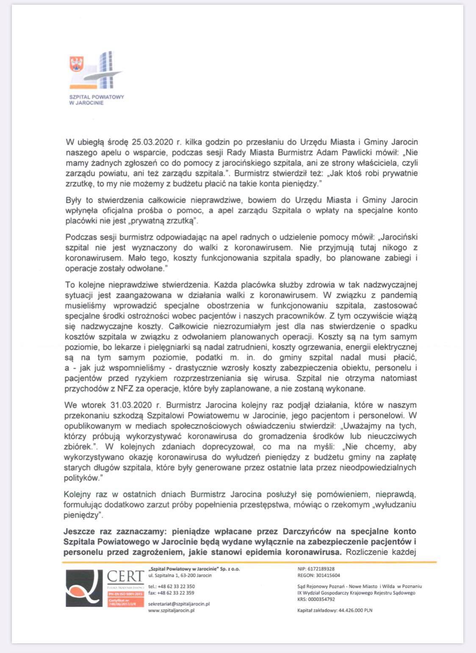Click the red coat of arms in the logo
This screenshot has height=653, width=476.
pyautogui.click(x=77, y=64)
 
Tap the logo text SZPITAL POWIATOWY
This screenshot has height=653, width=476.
pyautogui.click(x=97, y=97)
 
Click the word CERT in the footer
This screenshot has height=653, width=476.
pyautogui.click(x=125, y=577)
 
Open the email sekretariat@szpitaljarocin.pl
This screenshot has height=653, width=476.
pyautogui.click(x=179, y=604)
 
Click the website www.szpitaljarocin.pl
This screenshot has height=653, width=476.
pyautogui.click(x=171, y=610)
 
